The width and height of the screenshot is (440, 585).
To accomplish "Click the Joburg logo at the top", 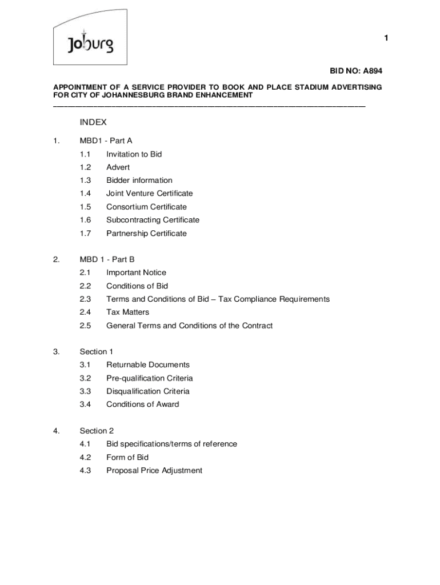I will [90, 43].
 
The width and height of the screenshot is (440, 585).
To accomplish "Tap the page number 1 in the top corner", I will [386, 38].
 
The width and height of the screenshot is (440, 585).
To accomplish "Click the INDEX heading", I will [93, 122].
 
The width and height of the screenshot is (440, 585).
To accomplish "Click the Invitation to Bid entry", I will [134, 154].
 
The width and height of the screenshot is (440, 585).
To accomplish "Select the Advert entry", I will [118, 167].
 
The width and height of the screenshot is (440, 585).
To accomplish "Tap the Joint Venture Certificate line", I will [149, 194].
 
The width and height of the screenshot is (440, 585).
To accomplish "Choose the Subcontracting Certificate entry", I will [153, 220].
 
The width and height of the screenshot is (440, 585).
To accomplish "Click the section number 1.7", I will [86, 234].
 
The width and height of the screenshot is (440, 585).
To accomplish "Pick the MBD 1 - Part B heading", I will [107, 259].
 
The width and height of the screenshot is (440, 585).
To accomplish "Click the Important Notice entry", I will [136, 273].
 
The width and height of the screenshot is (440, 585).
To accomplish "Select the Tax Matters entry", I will [127, 312].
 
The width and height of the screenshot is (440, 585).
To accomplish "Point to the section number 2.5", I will [86, 326].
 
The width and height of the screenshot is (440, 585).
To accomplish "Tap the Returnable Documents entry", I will [148, 365].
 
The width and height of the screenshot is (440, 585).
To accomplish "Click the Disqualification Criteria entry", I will [147, 391].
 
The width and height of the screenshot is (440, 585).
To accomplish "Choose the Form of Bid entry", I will [127, 458].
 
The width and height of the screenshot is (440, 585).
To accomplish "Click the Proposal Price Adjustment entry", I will [154, 471].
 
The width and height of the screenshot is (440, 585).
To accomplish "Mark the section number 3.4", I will [86, 404].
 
